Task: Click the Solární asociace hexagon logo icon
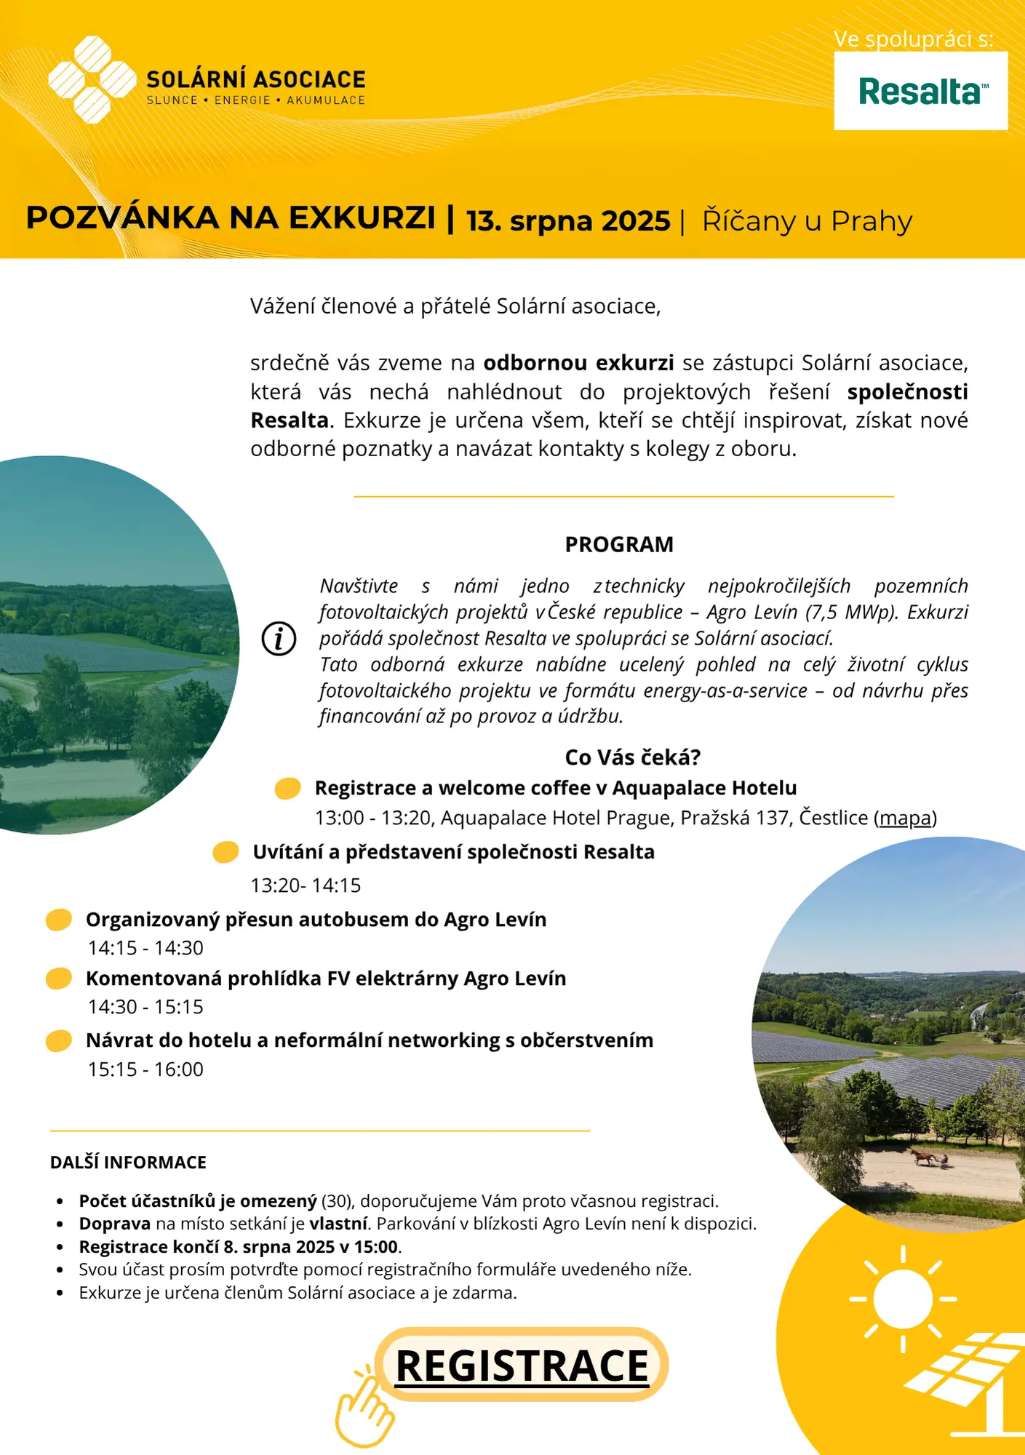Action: click(92, 79)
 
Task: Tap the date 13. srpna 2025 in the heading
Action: click(568, 220)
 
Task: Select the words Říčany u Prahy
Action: click(807, 220)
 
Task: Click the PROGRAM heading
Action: click(619, 544)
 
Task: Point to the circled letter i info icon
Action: click(279, 639)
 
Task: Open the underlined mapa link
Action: click(905, 818)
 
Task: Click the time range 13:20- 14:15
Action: click(306, 885)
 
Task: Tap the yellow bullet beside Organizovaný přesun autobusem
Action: click(59, 920)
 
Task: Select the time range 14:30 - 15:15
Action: click(145, 1007)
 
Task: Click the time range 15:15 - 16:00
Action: click(145, 1069)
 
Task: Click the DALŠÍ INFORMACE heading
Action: click(128, 1163)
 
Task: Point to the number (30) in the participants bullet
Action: click(338, 1201)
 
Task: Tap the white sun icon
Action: click(903, 1299)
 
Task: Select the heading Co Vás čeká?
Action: click(632, 757)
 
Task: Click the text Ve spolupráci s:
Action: click(913, 39)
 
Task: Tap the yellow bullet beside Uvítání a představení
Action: click(226, 852)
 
